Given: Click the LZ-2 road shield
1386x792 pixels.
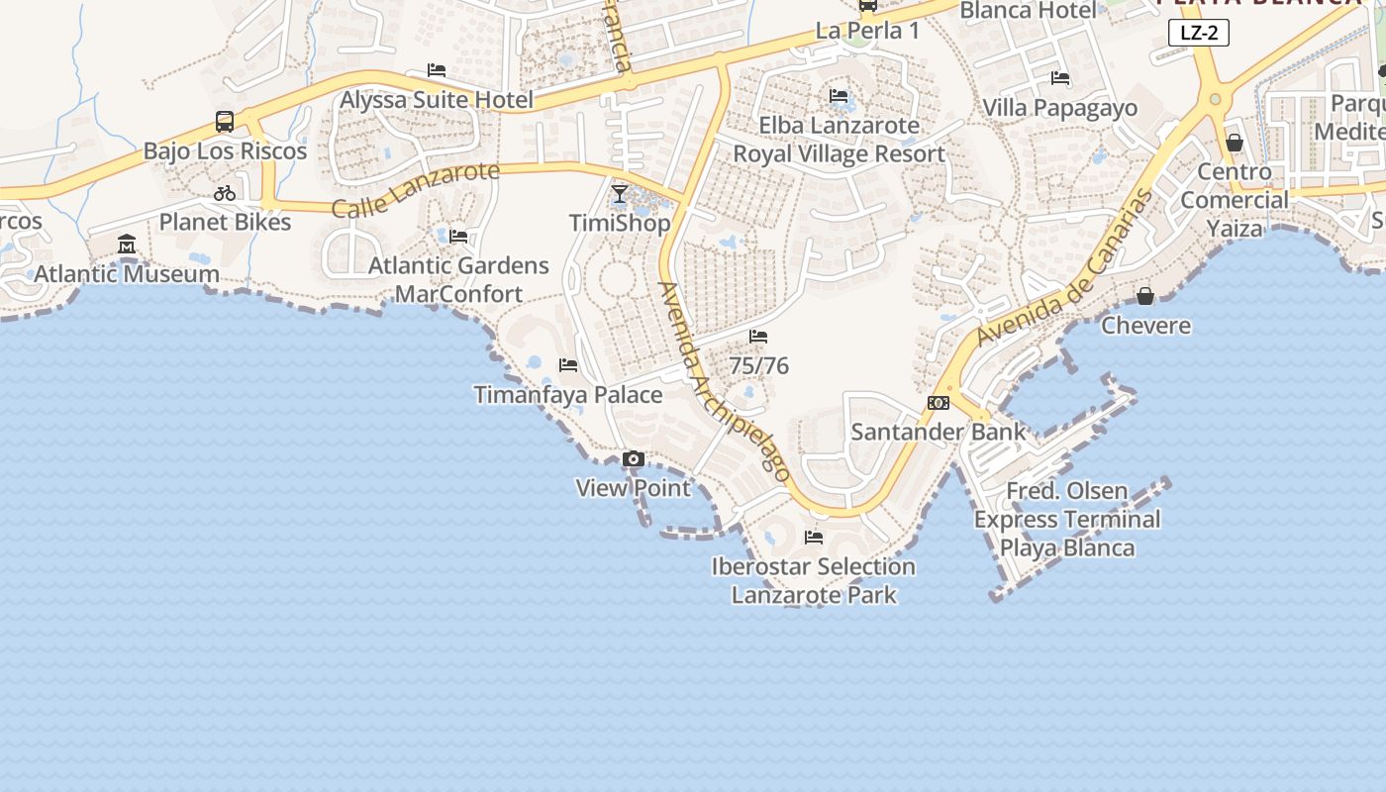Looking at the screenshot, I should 1199,33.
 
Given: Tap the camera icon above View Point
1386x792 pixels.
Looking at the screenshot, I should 634,459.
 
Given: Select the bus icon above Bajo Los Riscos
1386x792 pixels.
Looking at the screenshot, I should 225,122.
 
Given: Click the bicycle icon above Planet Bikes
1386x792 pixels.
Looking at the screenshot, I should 225,193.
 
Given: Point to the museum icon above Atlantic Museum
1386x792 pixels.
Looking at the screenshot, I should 127,245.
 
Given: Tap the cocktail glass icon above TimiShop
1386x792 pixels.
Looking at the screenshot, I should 620,194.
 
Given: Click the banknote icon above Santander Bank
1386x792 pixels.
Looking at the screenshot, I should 939,403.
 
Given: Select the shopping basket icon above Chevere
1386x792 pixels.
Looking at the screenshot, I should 1145,296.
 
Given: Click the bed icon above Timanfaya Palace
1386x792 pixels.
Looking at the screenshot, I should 568,365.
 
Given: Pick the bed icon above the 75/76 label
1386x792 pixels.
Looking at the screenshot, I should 758,337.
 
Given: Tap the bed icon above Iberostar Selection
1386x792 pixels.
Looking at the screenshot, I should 814,538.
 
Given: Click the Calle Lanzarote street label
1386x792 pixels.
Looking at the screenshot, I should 416,190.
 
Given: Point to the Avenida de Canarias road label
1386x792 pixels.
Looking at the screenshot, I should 1065,267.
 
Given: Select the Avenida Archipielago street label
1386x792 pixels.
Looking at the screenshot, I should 726,382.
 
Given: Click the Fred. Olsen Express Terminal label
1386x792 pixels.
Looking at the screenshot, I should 1067,520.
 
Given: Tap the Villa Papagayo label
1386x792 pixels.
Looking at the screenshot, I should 1059,108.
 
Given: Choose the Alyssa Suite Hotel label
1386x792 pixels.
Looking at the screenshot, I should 437,100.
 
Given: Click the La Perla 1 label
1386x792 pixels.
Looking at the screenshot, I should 867,31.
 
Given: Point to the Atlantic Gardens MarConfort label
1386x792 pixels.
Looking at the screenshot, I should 458,280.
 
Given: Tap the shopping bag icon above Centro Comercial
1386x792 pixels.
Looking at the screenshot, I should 1235,143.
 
